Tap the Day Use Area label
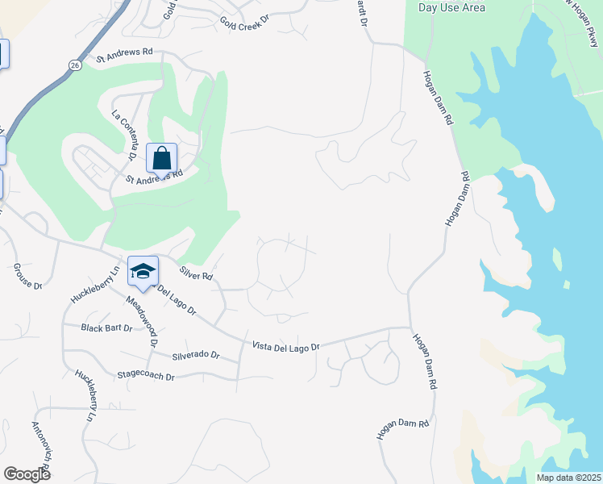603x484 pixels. coord(452,7)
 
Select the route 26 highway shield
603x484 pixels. coord(73,65)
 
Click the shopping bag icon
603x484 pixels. coord(161,157)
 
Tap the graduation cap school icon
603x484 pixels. coord(143,271)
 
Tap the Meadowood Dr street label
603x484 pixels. coord(141,321)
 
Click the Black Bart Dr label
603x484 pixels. coord(106,328)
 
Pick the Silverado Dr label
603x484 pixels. coord(195,355)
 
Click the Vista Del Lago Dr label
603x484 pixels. coord(286,346)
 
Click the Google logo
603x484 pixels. coord(27,474)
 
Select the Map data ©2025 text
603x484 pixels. coord(568,477)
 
